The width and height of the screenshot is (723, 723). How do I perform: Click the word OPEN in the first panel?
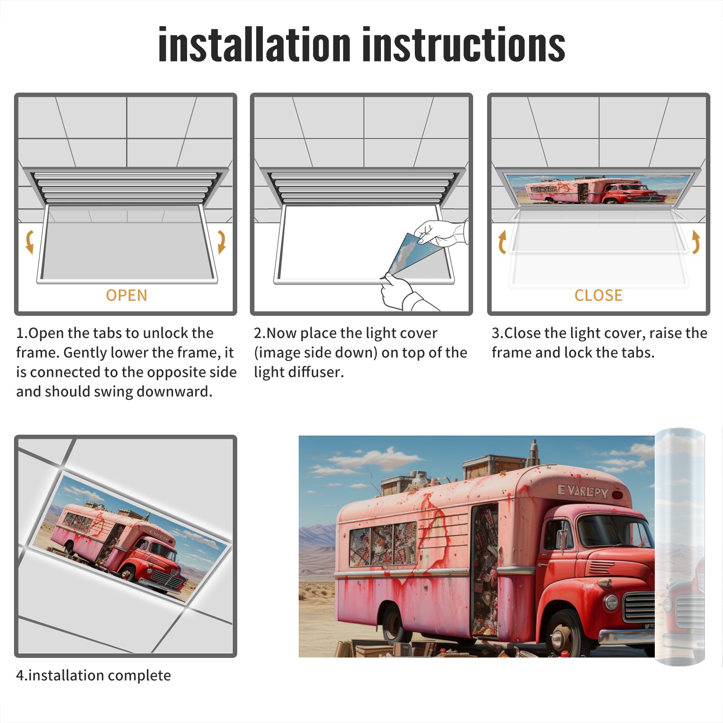(127, 295)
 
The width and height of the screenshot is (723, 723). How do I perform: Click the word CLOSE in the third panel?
(598, 295)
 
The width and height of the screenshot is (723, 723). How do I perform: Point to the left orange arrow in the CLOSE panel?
(502, 242)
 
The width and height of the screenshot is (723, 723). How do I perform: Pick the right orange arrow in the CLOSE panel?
(696, 242)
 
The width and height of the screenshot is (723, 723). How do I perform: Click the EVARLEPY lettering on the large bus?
(583, 491)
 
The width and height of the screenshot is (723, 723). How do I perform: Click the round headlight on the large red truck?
(611, 602)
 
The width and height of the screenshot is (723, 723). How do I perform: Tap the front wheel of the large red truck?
(563, 635)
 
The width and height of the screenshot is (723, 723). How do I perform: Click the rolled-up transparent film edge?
(680, 547)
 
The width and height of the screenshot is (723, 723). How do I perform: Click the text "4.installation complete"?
(94, 676)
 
